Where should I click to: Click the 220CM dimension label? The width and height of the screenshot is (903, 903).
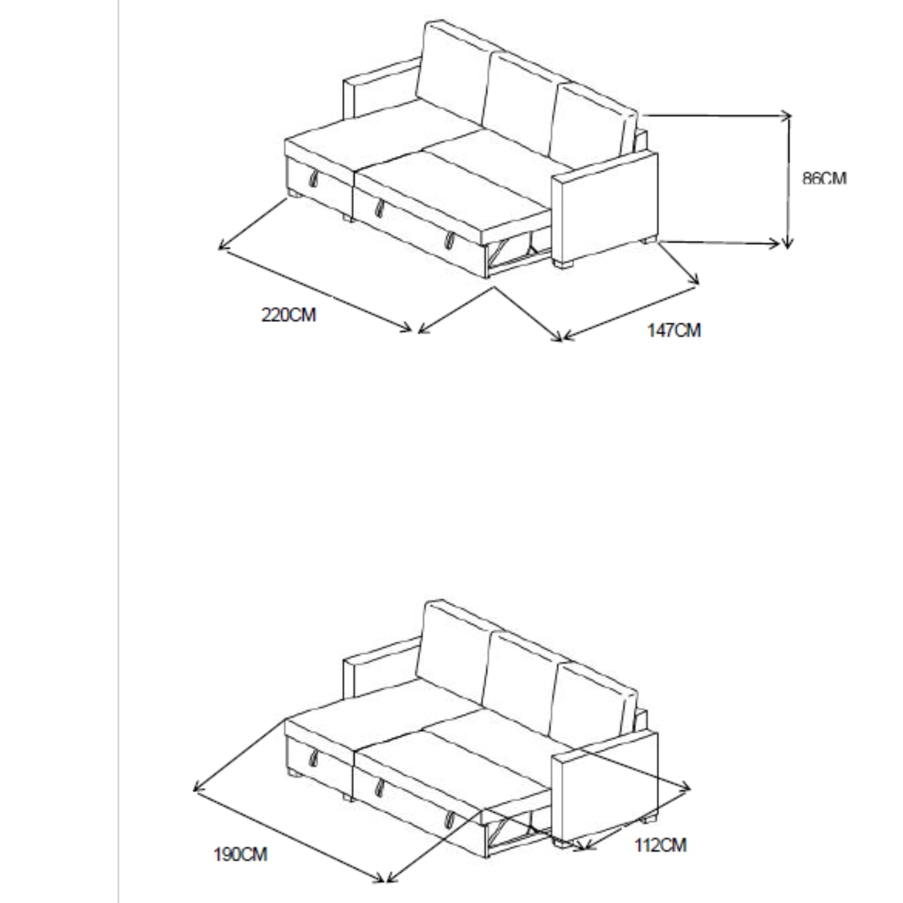pos(288,315)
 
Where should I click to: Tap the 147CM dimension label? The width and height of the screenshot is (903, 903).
pos(674,330)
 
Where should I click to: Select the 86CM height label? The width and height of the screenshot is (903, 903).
pos(824,179)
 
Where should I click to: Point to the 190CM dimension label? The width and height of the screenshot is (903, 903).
pos(240,854)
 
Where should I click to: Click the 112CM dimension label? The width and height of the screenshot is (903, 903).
pos(660,845)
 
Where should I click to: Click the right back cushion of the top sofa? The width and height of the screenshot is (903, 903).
pos(593,120)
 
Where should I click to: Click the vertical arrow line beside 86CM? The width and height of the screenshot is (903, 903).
pos(788,181)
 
